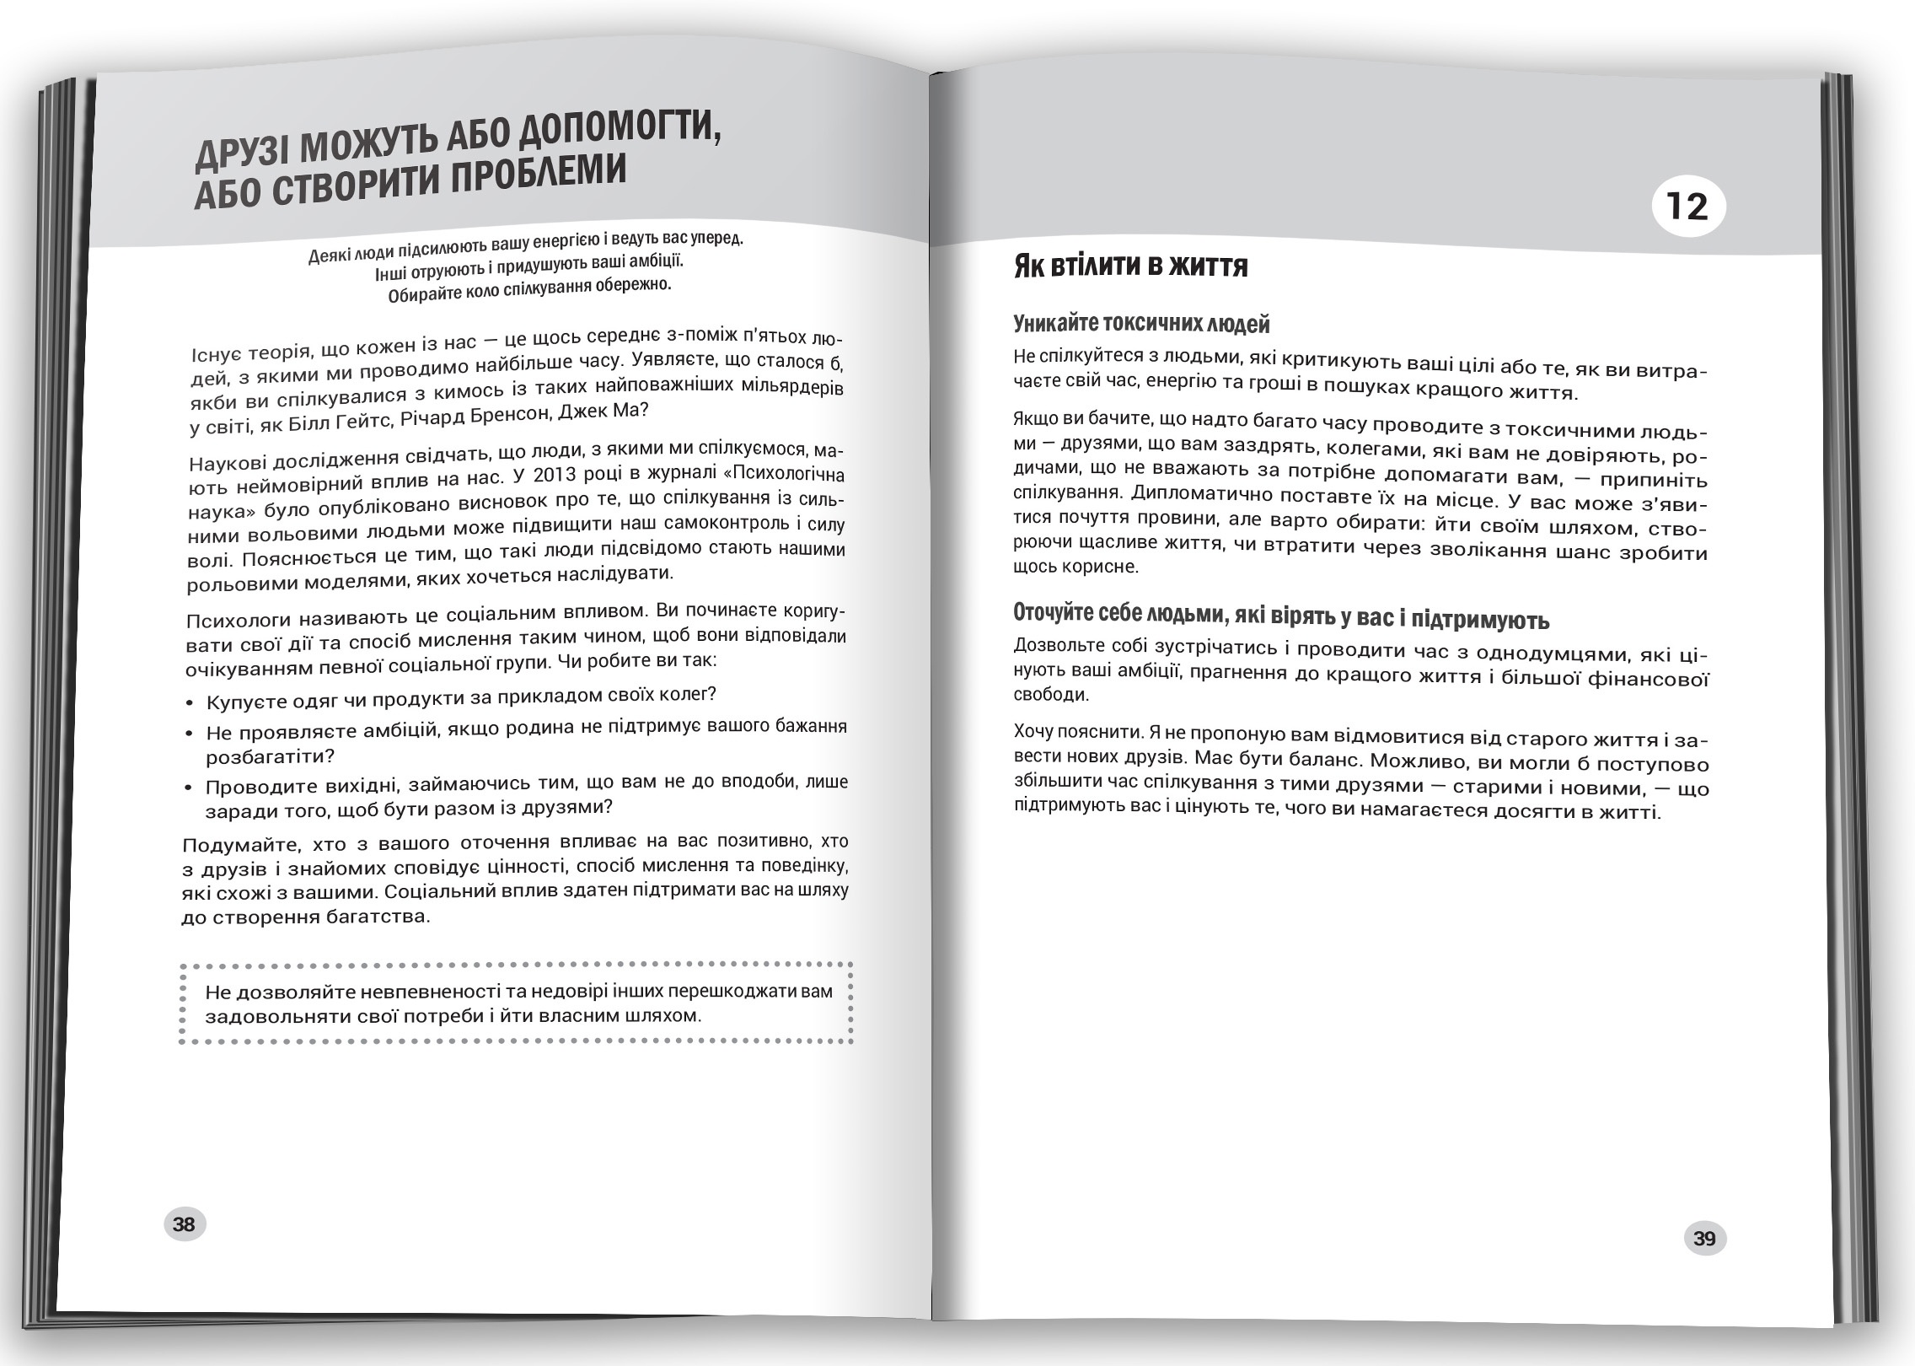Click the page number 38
pos(184,1224)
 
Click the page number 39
pos(1704,1239)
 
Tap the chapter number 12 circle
pos(1687,206)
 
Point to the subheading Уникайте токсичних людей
pos(1141,323)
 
